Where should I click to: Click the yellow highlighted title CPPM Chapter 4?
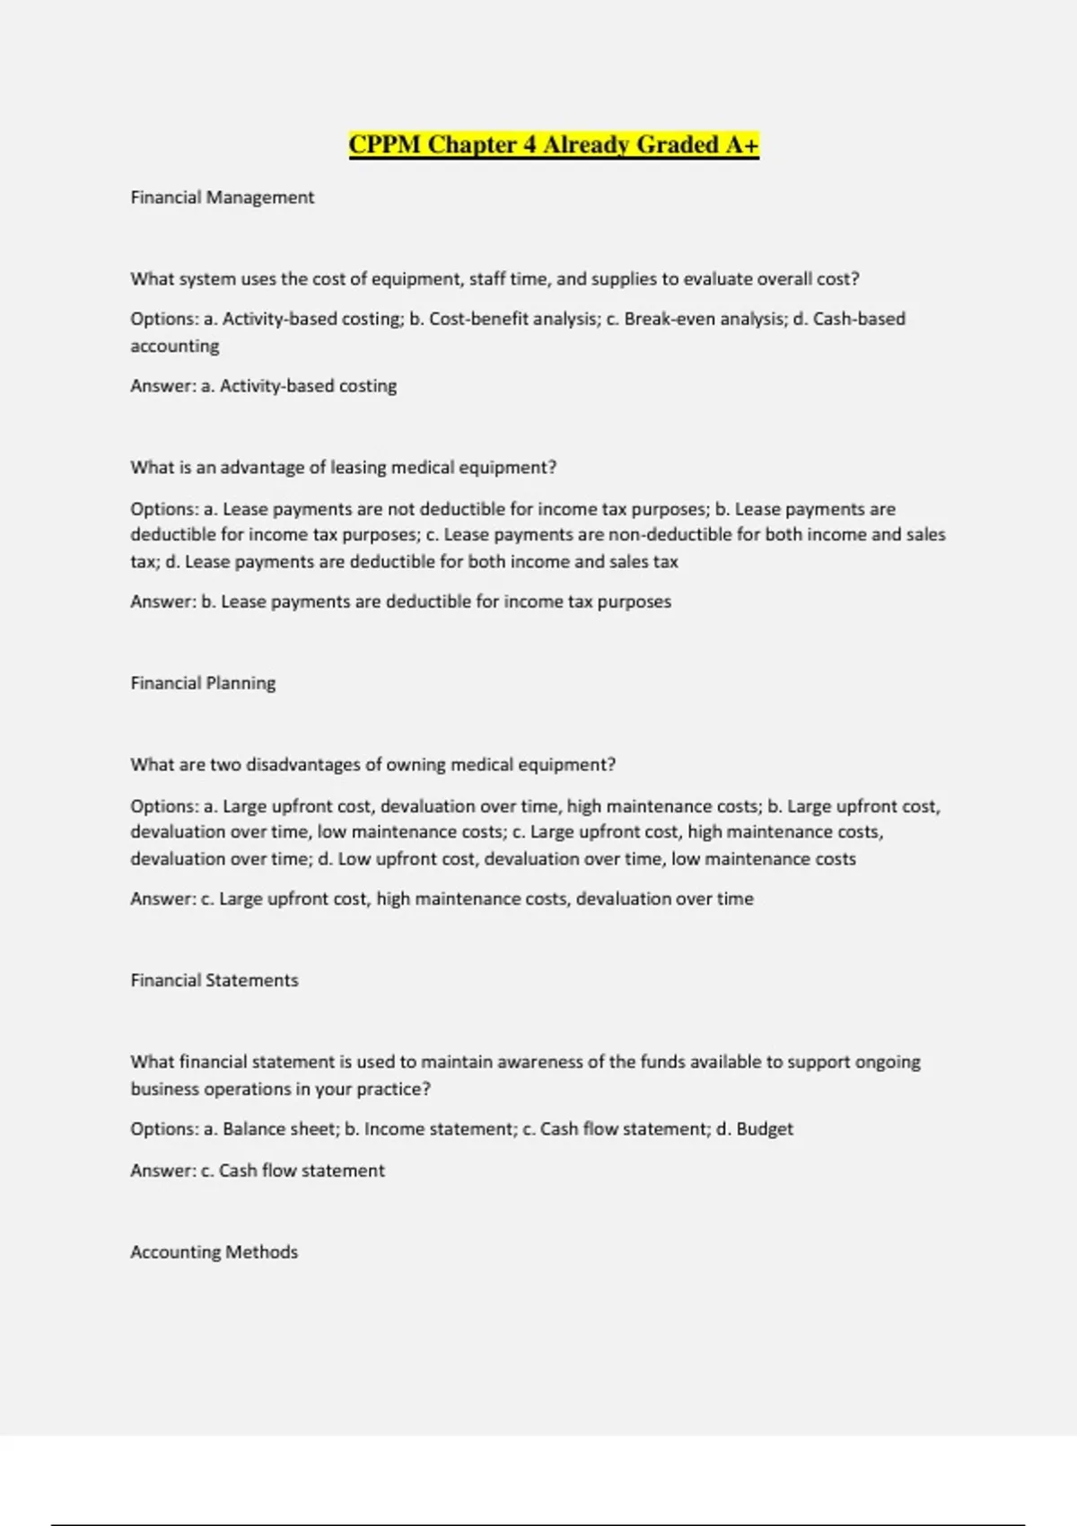(x=553, y=145)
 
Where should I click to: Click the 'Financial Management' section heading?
(x=222, y=197)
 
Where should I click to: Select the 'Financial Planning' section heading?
(x=203, y=683)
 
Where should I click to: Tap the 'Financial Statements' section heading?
(x=214, y=980)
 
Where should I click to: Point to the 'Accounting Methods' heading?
(x=214, y=1252)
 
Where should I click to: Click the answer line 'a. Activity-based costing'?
(x=263, y=386)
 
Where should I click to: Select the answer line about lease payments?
(x=400, y=601)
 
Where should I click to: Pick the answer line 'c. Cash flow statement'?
(x=257, y=1171)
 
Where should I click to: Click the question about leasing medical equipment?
(x=343, y=468)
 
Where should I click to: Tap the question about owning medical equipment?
(x=372, y=765)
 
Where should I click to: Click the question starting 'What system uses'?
(x=495, y=279)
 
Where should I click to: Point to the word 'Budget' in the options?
(x=765, y=1129)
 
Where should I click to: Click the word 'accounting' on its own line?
(x=174, y=346)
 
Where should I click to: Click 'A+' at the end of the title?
(x=742, y=145)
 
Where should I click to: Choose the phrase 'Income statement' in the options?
(x=439, y=1129)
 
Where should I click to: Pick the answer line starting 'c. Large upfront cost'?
(x=442, y=899)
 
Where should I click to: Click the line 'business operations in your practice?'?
(x=280, y=1089)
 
